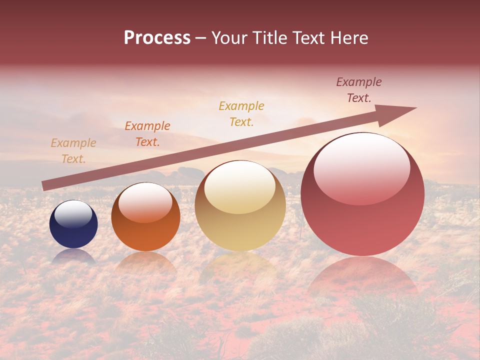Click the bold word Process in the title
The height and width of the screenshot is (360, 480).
pyautogui.click(x=157, y=38)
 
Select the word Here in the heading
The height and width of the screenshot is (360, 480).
pyautogui.click(x=349, y=38)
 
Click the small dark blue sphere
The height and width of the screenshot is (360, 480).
pyautogui.click(x=73, y=224)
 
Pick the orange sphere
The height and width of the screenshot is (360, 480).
pyautogui.click(x=145, y=217)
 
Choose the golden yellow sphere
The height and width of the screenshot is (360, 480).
pyautogui.click(x=240, y=205)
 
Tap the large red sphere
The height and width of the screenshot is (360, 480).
pyautogui.click(x=362, y=194)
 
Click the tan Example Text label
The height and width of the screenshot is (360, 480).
pyautogui.click(x=73, y=151)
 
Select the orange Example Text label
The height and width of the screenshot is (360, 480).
pyautogui.click(x=147, y=134)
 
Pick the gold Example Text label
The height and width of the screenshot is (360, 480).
pyautogui.click(x=241, y=113)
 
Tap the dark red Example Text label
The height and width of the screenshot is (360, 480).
pyautogui.click(x=359, y=90)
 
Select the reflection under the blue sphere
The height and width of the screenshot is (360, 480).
pyautogui.click(x=73, y=256)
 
